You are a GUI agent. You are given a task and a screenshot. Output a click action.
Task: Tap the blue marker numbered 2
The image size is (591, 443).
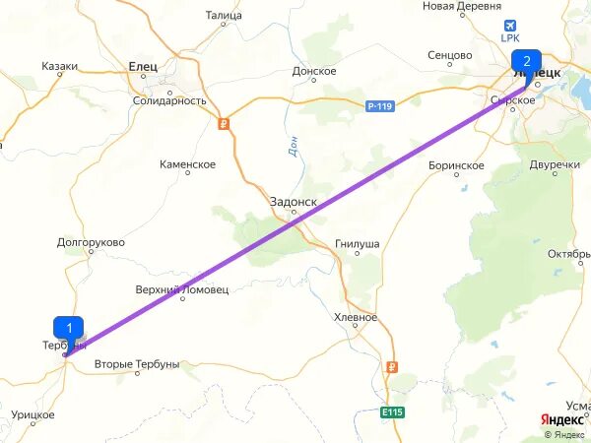click(527, 61)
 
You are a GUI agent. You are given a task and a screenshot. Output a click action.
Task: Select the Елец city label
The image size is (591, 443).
click(143, 66)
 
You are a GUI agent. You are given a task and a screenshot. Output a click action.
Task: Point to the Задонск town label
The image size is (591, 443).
click(294, 201)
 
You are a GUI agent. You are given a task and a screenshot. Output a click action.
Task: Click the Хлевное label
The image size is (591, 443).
click(356, 317)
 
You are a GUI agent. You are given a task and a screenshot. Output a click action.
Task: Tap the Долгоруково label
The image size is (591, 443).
click(91, 241)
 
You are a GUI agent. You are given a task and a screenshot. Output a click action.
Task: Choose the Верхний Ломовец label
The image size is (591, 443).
click(181, 289)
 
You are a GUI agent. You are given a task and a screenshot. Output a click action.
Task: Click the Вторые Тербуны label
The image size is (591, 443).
click(137, 364)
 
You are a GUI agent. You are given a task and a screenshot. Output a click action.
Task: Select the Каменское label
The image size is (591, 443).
click(187, 164)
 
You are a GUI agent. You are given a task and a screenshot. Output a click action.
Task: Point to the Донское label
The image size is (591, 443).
click(314, 71)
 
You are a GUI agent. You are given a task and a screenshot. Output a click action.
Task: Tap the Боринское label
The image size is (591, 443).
click(456, 165)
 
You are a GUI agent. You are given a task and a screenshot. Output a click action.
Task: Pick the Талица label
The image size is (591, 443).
click(224, 15)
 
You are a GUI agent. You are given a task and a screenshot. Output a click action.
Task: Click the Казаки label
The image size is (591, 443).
click(60, 66)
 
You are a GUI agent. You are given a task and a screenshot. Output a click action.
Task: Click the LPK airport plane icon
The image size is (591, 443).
click(510, 26)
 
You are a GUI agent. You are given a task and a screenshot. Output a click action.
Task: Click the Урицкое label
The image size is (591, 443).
click(33, 415)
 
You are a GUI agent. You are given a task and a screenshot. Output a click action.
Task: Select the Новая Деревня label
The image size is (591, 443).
click(462, 6)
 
